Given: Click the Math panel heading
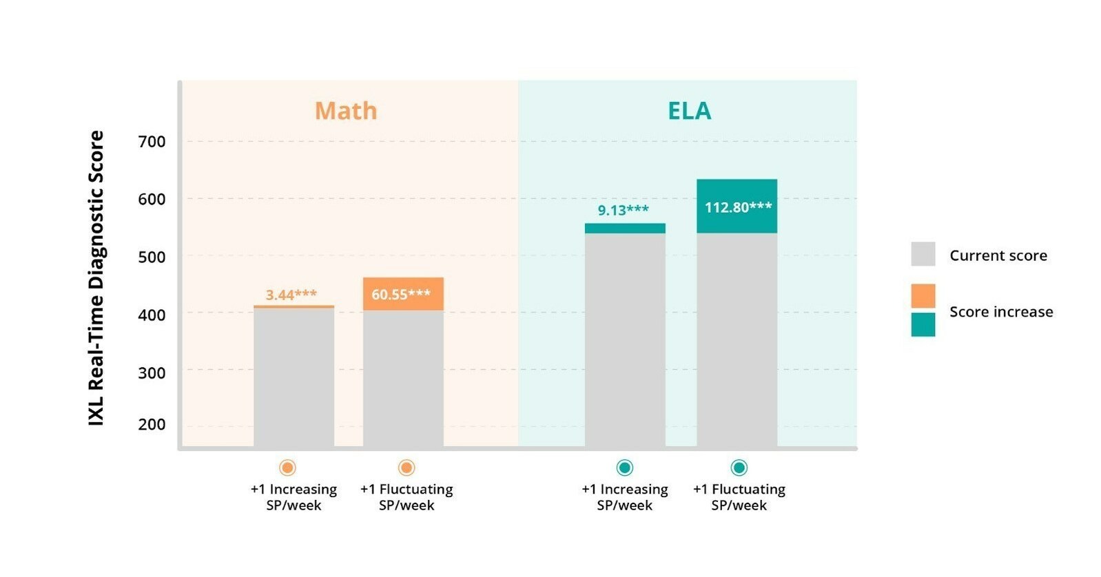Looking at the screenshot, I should pos(346,111).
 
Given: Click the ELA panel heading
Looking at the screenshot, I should pos(689,111).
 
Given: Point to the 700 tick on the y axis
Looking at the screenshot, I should pos(152,142).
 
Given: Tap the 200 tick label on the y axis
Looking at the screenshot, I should pos(152,424).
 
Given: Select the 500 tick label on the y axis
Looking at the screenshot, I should pos(152,257).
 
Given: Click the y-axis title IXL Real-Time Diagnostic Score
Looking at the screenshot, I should pos(96,277).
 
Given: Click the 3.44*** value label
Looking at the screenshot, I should pos(291,295).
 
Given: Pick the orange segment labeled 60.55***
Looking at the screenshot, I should pos(403,294).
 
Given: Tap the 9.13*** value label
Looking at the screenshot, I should pos(623,210).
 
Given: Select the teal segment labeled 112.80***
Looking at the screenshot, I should pos(737,207).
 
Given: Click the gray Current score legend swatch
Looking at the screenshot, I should pos(923,254).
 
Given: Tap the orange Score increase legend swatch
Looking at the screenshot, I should pos(923,296).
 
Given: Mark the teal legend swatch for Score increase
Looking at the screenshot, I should pos(923,324).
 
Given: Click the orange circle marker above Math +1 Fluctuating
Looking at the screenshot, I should pos(407,468).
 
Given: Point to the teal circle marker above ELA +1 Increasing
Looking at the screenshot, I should pos(624,468).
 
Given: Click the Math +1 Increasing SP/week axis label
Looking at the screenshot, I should pos(294,497).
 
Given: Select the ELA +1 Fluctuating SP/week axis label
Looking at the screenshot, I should pos(739,497).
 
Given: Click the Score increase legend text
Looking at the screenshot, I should pos(1000,312).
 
